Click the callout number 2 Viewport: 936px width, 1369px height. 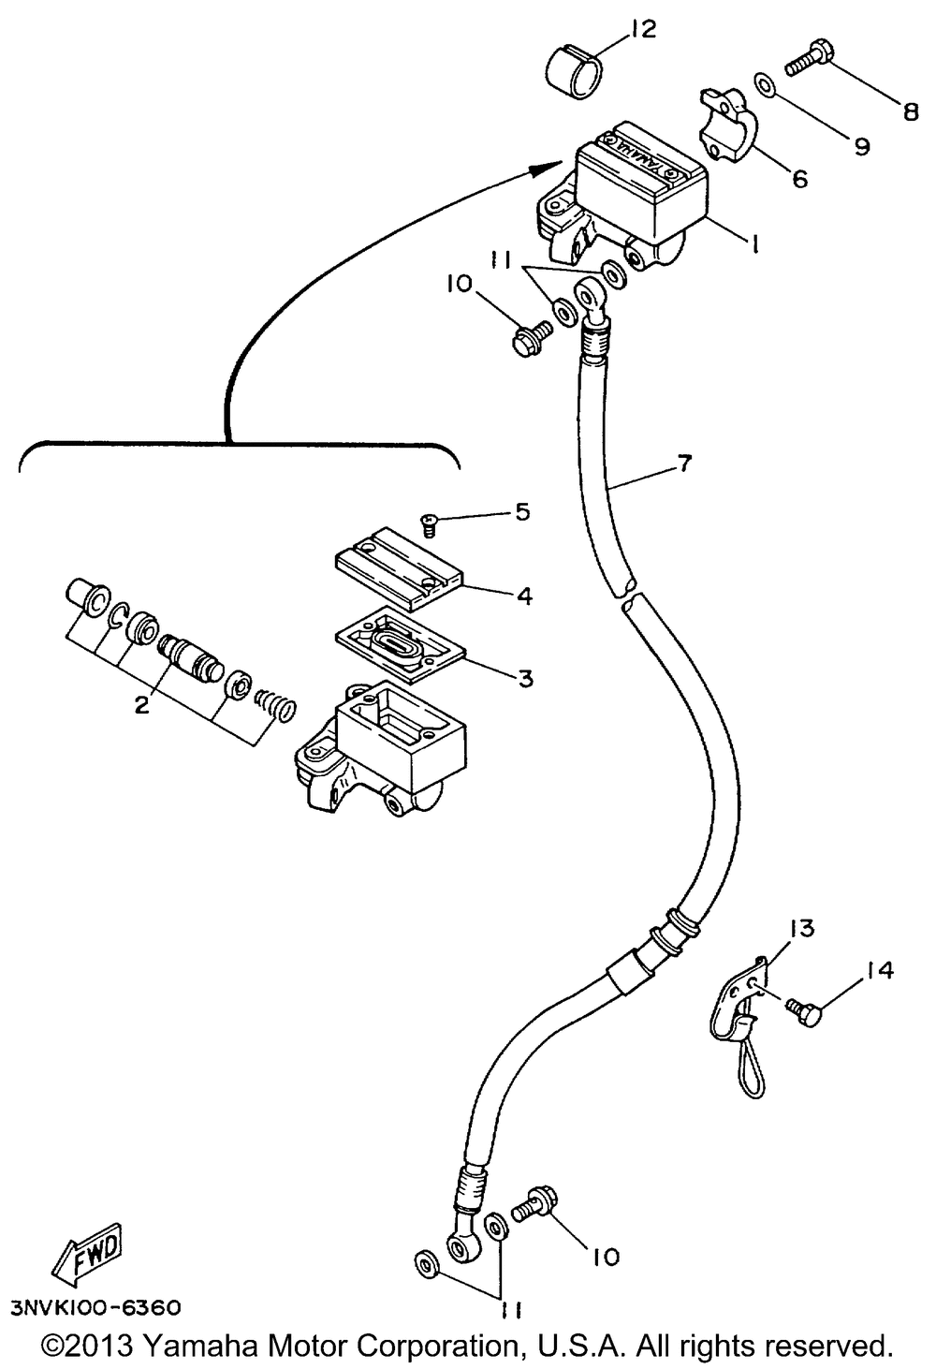click(x=141, y=704)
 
